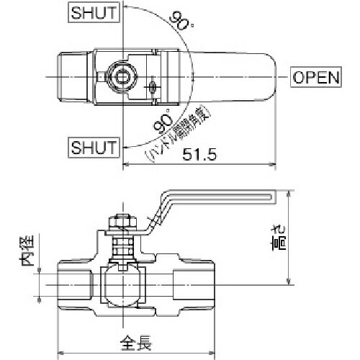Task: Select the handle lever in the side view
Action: click(x=216, y=194)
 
